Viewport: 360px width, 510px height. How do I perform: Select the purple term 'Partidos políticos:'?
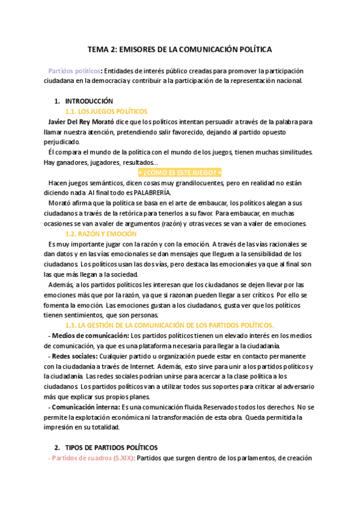tap(75, 70)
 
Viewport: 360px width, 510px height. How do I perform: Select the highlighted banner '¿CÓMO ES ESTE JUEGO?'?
tap(180, 173)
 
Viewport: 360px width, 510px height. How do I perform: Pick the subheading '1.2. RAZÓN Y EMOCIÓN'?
tap(100, 233)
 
